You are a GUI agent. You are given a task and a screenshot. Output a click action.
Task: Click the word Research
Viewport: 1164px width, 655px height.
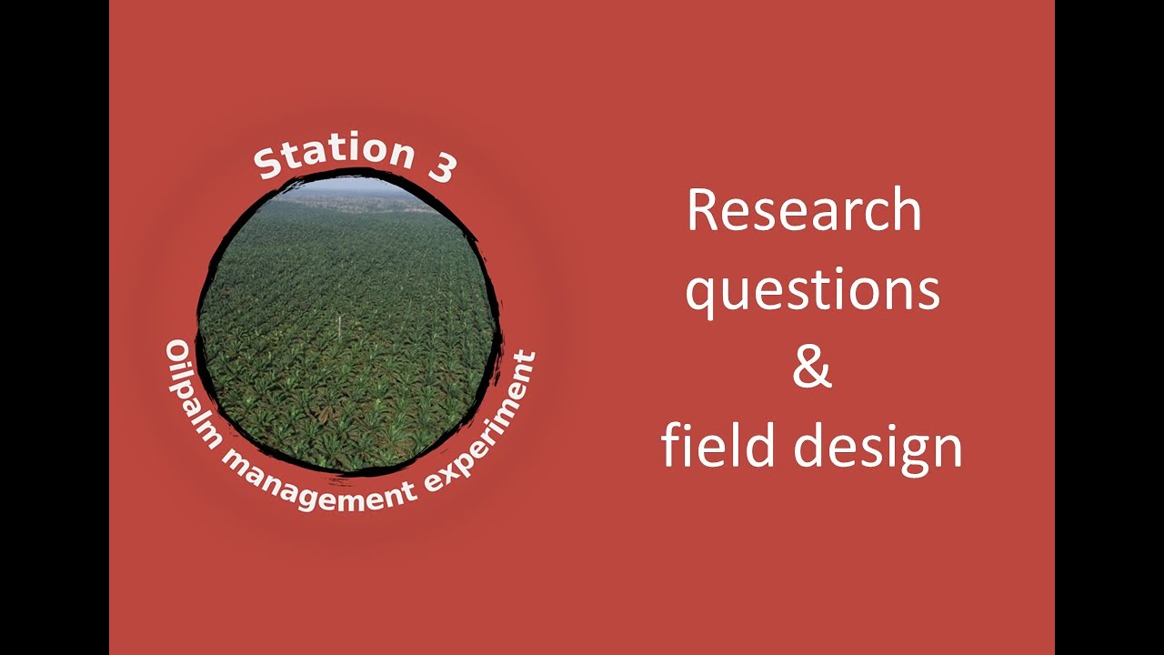click(804, 211)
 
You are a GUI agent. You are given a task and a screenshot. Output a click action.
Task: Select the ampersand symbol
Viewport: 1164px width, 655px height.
click(812, 368)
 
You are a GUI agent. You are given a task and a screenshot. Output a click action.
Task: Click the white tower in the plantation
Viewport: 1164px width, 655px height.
click(340, 327)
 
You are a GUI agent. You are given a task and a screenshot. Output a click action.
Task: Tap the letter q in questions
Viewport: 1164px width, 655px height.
click(701, 297)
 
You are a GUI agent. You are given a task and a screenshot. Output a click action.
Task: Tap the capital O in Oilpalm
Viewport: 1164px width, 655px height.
click(175, 353)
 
